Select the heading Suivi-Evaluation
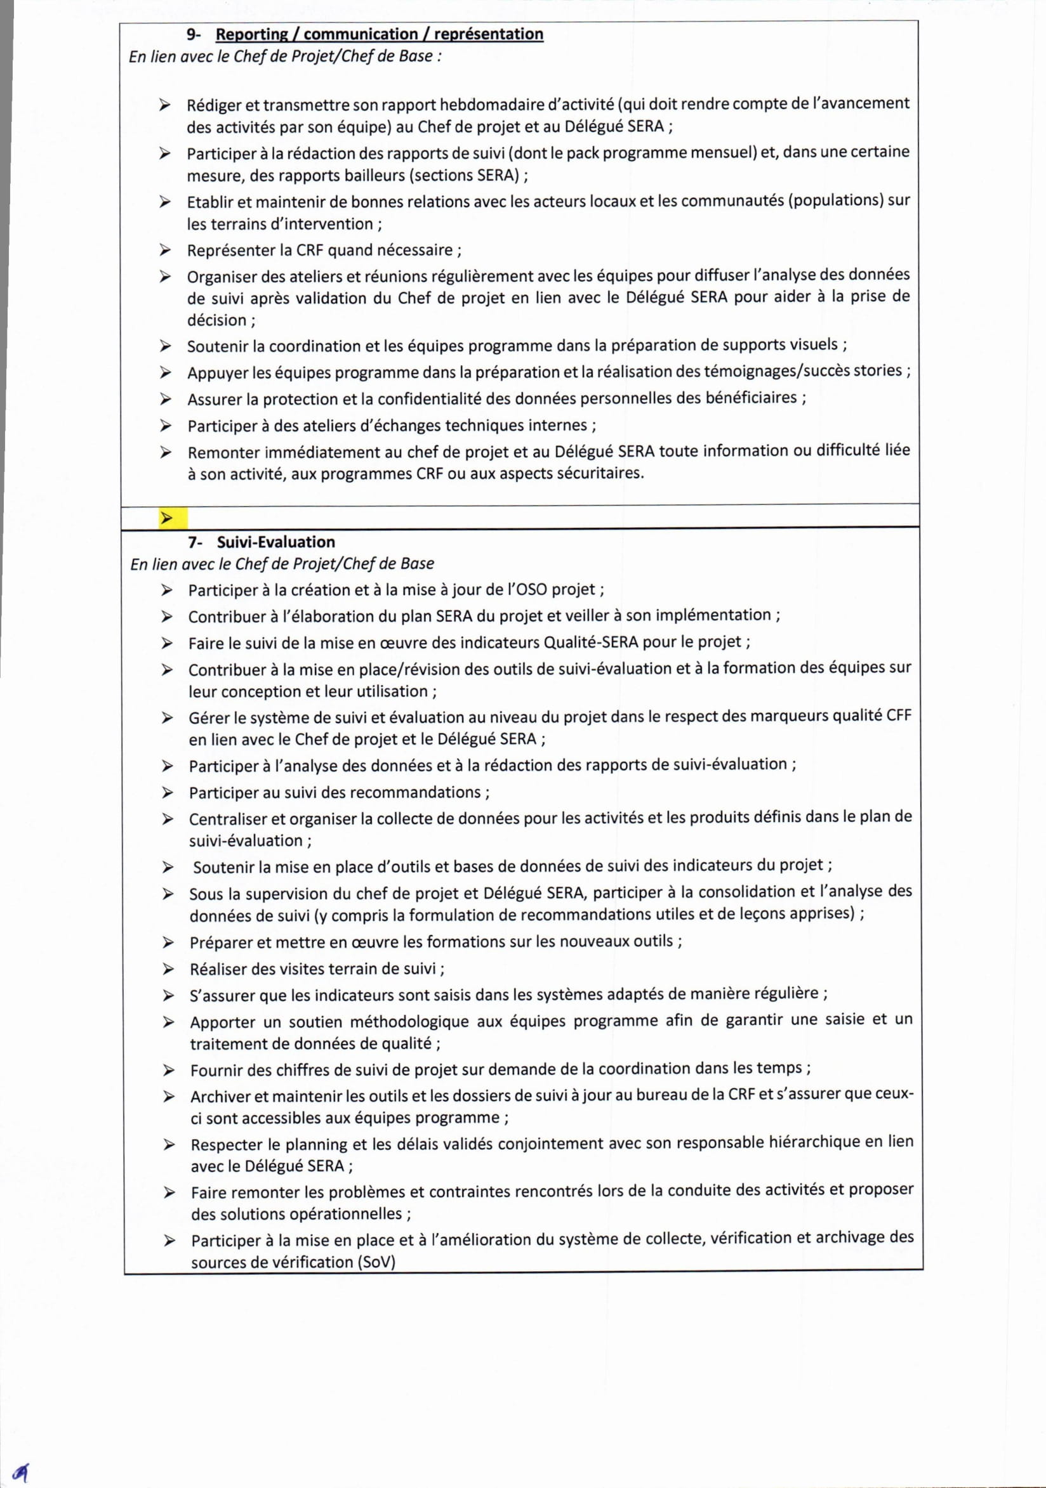pyautogui.click(x=275, y=542)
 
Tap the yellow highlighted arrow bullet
pyautogui.click(x=168, y=518)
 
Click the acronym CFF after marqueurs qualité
pyautogui.click(x=899, y=715)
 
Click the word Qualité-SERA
pyautogui.click(x=591, y=643)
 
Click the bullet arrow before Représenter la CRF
pyautogui.click(x=166, y=250)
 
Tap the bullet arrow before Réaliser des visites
pyautogui.click(x=168, y=969)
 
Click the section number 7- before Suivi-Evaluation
pyautogui.click(x=195, y=542)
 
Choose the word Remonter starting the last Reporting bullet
pyautogui.click(x=223, y=452)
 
